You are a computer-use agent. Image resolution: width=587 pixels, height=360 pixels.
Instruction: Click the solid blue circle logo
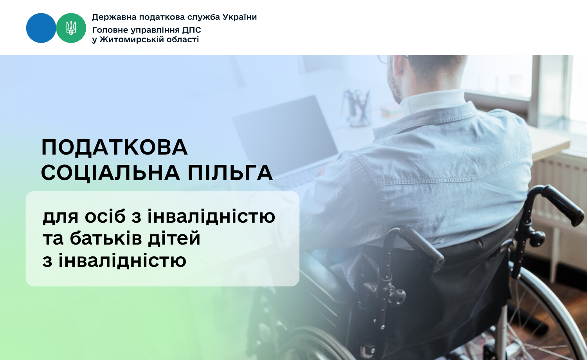[41, 28]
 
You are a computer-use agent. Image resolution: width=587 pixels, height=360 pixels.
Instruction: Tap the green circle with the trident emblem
[71, 28]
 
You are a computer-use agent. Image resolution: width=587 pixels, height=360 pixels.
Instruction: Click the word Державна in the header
[114, 17]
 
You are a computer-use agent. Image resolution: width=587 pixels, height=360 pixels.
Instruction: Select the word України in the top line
[240, 17]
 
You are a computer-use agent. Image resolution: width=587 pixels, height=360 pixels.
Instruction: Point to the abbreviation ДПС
[192, 30]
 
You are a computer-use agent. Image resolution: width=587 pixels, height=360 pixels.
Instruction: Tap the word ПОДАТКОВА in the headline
[115, 148]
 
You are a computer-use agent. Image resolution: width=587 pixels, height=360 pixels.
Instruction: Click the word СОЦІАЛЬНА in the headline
[111, 173]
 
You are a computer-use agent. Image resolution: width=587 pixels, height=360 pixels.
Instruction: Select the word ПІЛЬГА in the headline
[230, 173]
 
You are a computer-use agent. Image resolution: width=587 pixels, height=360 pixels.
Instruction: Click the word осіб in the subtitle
[105, 216]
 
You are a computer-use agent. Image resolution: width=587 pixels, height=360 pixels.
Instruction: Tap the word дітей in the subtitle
[174, 238]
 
